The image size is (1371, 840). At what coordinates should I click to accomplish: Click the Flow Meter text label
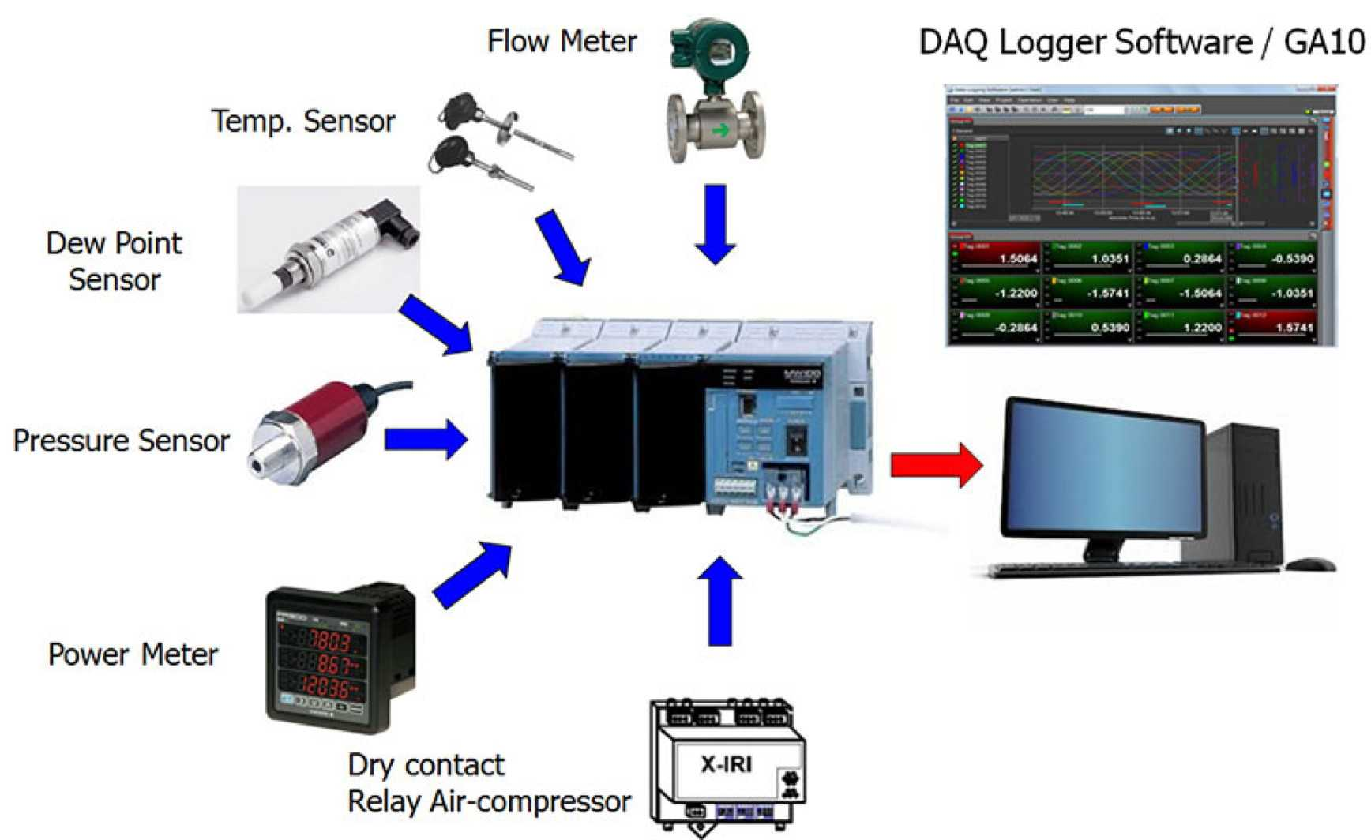point(562,42)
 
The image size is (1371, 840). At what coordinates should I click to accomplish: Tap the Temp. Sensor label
point(302,122)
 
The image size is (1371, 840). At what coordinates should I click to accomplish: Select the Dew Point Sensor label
point(115,261)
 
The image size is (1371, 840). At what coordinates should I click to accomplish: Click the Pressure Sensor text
point(122,441)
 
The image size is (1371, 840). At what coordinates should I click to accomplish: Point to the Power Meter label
point(133,654)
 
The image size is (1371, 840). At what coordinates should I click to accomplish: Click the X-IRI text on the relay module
point(726,764)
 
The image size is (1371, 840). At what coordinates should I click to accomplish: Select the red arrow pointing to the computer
point(936,465)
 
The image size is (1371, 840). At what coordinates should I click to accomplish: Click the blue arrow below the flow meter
point(716,223)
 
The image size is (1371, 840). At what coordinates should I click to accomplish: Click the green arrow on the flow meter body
point(720,130)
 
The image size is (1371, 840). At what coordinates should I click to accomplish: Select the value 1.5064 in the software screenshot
point(1017,259)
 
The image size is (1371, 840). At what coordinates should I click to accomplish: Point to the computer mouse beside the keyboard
point(1309,564)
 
